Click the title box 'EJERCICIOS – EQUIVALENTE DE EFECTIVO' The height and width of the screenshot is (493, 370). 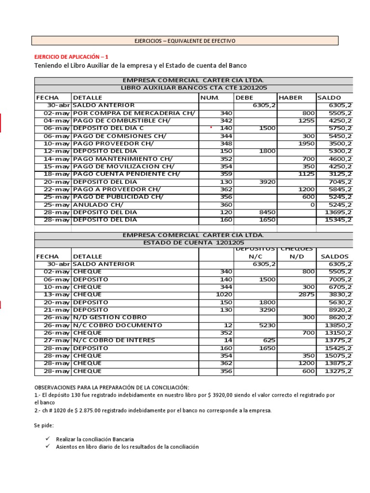coord(185,41)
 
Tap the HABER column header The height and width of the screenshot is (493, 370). coord(291,98)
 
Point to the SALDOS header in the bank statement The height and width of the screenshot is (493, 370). coord(334,257)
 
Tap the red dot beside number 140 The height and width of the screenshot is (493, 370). coord(211,128)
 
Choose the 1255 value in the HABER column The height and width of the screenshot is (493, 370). coord(306,120)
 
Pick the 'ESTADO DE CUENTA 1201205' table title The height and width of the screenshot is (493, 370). coord(193,243)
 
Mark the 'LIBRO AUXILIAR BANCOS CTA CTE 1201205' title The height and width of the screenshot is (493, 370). coord(193,88)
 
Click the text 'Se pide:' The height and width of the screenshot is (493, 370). coord(44,426)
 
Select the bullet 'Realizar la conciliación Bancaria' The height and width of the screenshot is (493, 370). coord(94,439)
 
